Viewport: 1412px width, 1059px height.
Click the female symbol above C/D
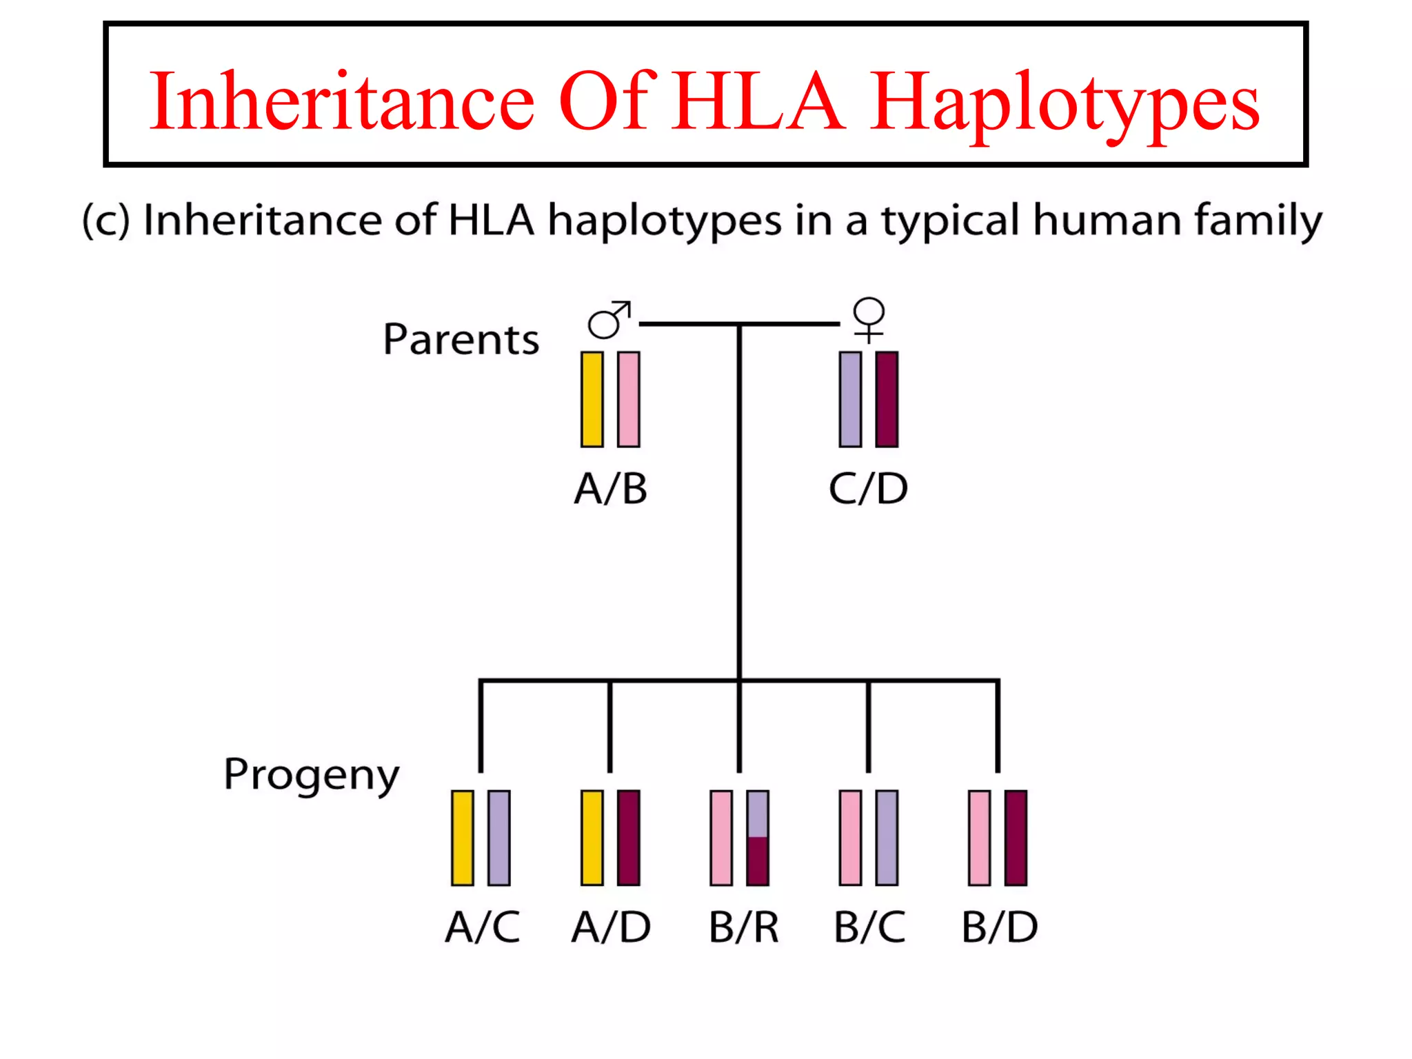pos(869,319)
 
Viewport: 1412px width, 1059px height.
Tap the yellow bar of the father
pos(592,399)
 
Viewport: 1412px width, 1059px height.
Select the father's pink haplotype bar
pos(628,399)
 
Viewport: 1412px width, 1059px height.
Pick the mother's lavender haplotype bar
pos(850,399)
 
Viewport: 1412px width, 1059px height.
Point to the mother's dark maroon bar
pos(887,399)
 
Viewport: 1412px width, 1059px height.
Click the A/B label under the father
pos(611,489)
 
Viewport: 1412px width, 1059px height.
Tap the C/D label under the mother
pos(868,489)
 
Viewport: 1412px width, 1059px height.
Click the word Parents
pos(461,339)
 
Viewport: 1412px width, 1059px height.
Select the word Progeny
pos(312,775)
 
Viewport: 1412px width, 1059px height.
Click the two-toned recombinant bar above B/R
pos(758,838)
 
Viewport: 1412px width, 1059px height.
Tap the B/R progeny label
pos(744,927)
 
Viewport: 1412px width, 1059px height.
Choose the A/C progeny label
pos(483,927)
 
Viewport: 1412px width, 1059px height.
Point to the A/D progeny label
pos(611,927)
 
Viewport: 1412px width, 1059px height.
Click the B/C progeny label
pos(869,927)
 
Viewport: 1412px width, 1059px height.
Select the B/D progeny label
pos(1000,927)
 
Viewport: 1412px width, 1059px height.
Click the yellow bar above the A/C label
pos(462,838)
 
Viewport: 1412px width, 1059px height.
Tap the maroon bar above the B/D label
pos(1016,838)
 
